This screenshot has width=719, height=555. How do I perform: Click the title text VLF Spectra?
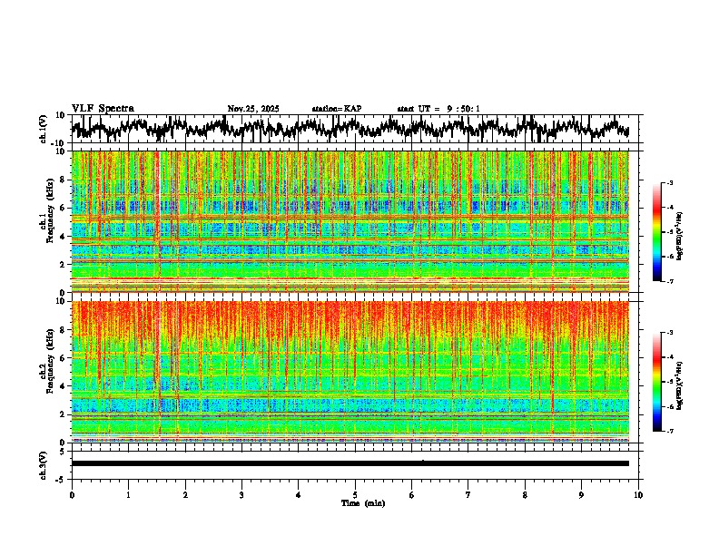click(x=103, y=109)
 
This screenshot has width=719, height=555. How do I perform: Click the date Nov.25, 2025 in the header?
click(x=253, y=109)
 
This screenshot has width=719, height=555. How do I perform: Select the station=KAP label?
click(x=337, y=109)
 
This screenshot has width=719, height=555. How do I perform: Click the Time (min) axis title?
click(x=355, y=502)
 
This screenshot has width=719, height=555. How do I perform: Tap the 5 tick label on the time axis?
click(x=355, y=494)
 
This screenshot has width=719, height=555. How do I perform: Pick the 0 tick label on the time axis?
click(x=72, y=494)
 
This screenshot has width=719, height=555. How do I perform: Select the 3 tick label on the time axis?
click(x=241, y=494)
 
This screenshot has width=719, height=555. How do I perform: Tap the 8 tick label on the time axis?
click(x=525, y=494)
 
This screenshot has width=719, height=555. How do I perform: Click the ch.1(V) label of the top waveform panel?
click(x=44, y=130)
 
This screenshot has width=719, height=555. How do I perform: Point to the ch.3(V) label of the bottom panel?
click(x=44, y=463)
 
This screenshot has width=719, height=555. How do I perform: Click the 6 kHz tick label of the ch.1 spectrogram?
click(x=63, y=208)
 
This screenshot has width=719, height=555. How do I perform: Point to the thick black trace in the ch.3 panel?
click(x=350, y=463)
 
